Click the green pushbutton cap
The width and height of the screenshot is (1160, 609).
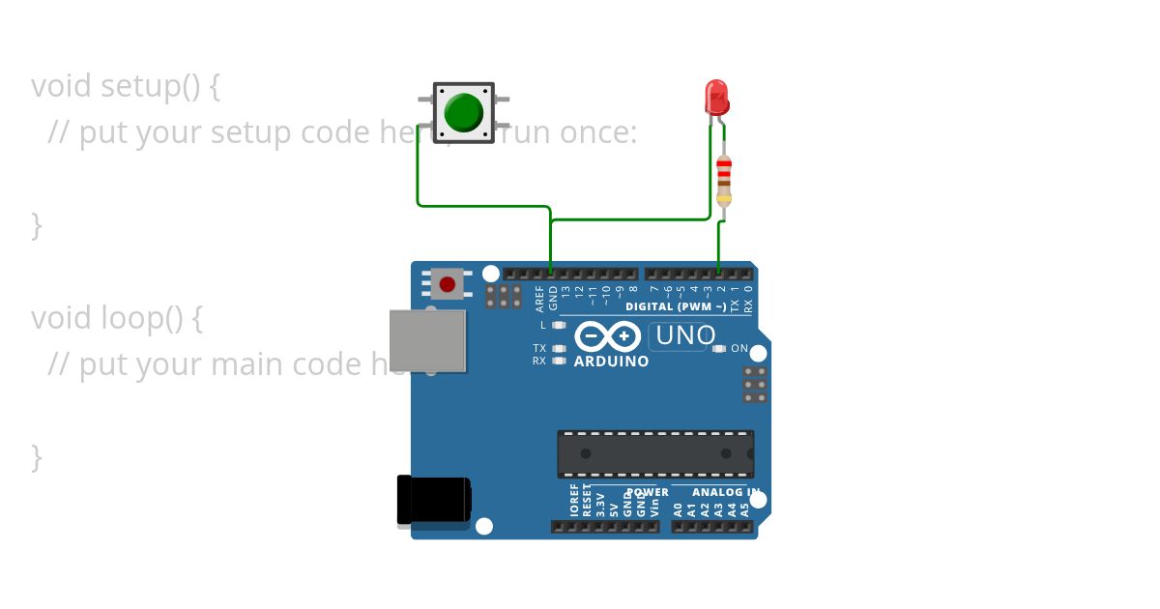(x=464, y=113)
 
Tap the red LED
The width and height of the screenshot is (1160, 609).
(x=716, y=98)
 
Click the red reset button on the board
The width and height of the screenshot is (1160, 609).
(x=447, y=284)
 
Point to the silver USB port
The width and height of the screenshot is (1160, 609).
(x=426, y=340)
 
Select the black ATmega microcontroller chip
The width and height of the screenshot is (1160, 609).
(x=654, y=453)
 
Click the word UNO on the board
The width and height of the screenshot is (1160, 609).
(x=684, y=336)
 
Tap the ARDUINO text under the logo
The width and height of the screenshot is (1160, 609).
(x=611, y=362)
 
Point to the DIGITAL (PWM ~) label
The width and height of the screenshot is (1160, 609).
(x=676, y=306)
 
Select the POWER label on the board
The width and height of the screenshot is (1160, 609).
(x=646, y=492)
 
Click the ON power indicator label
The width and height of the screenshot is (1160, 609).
(x=739, y=348)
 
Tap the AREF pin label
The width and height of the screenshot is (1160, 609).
(x=540, y=297)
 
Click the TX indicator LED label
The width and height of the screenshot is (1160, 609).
(x=539, y=348)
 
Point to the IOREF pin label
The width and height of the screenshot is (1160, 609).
(x=574, y=501)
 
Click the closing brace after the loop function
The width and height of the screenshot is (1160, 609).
(x=37, y=456)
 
